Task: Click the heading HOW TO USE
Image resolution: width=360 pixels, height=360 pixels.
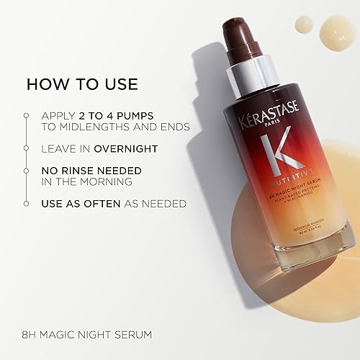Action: coord(82,84)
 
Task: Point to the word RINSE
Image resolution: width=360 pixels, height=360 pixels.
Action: coord(84,170)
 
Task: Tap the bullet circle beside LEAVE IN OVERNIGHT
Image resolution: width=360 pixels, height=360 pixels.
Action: coord(26,148)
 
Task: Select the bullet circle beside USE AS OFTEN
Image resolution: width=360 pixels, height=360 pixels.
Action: coord(26,204)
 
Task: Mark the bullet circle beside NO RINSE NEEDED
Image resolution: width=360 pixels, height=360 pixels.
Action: coord(26,171)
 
